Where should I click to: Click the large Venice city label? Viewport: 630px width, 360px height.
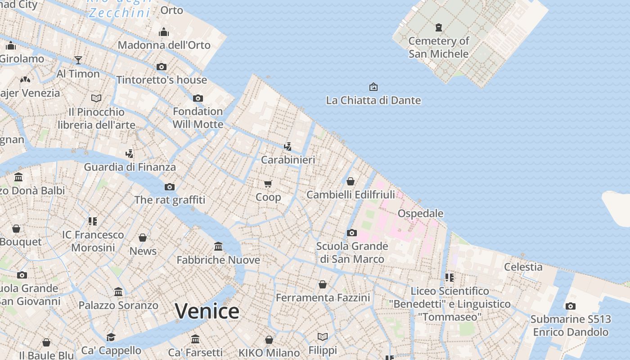(207, 311)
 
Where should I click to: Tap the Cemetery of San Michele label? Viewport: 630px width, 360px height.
(439, 47)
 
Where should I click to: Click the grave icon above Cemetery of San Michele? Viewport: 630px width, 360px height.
(439, 27)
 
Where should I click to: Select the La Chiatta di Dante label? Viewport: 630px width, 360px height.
(373, 100)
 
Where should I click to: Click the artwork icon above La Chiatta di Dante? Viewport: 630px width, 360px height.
(373, 86)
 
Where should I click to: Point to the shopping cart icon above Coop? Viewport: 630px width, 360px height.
(268, 184)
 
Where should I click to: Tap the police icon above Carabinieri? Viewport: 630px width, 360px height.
(288, 146)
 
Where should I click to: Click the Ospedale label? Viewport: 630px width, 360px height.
(420, 213)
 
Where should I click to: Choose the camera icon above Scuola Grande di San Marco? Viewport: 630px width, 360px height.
(352, 233)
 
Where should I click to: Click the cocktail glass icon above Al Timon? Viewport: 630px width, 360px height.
(78, 60)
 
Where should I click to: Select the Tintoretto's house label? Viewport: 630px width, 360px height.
(162, 80)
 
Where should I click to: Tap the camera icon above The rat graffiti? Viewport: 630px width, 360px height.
(169, 187)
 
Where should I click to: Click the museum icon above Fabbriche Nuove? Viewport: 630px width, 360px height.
(218, 246)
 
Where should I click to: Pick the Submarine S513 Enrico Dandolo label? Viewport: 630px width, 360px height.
(571, 326)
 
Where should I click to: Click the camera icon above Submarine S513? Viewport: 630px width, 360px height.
(570, 306)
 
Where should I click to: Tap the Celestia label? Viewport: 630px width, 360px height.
(523, 267)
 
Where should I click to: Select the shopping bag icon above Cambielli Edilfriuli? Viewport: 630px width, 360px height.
(351, 181)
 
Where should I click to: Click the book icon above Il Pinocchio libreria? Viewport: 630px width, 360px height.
(96, 98)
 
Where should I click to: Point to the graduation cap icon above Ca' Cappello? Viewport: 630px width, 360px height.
(111, 337)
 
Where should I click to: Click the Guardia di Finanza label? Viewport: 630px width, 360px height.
(130, 167)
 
